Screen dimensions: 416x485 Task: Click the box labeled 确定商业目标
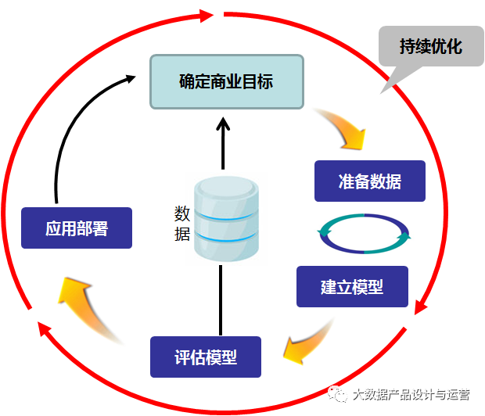pyautogui.click(x=226, y=81)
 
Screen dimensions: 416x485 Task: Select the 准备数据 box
pyautogui.click(x=369, y=181)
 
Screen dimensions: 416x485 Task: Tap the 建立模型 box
pyautogui.click(x=352, y=286)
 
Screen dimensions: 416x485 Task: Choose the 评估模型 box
pyautogui.click(x=205, y=357)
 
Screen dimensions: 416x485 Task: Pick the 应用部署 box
pyautogui.click(x=76, y=228)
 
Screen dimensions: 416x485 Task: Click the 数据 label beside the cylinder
pyautogui.click(x=181, y=223)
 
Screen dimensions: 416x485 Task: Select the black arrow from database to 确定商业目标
pyautogui.click(x=223, y=145)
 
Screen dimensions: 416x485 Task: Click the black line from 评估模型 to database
pyautogui.click(x=222, y=301)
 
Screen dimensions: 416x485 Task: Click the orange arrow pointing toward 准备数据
pyautogui.click(x=344, y=129)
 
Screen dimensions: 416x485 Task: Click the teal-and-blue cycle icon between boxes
pyautogui.click(x=365, y=233)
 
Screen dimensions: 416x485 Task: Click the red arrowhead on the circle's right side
pyautogui.click(x=421, y=305)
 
